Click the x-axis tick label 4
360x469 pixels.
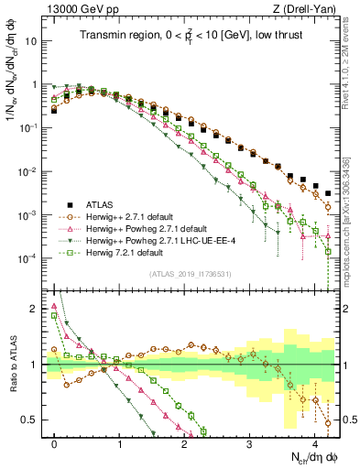pos(315,442)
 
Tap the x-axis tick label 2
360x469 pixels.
pos(185,442)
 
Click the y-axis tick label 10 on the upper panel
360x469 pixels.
pos(35,41)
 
